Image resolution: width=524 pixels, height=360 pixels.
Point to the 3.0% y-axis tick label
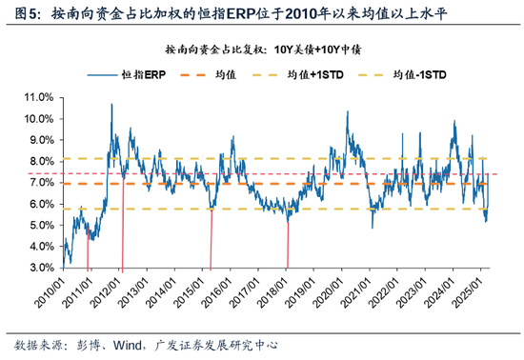[x=39, y=269]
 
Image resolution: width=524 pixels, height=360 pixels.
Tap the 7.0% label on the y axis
[x=39, y=183]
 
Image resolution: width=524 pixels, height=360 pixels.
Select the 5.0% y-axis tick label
[x=39, y=226]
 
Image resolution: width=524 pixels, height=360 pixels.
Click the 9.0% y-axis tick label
[x=39, y=140]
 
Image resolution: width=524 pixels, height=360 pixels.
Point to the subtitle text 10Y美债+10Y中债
[x=327, y=48]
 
